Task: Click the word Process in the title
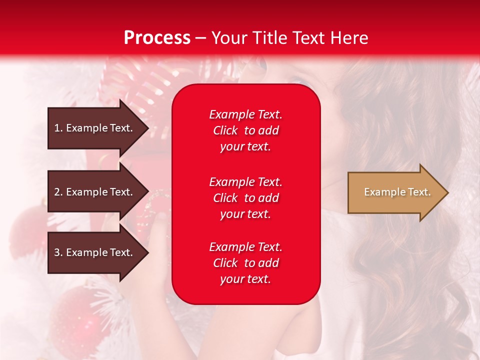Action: click(157, 38)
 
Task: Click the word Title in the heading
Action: click(268, 38)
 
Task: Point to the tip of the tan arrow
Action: click(447, 192)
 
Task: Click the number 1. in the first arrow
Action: click(58, 128)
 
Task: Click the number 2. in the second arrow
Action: click(58, 192)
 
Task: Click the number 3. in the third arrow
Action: click(58, 252)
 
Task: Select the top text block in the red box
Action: click(245, 130)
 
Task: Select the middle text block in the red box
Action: click(245, 198)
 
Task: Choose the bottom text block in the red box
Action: click(245, 263)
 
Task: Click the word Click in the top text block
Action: click(225, 130)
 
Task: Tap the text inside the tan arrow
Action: click(397, 192)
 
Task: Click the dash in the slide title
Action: click(200, 38)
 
